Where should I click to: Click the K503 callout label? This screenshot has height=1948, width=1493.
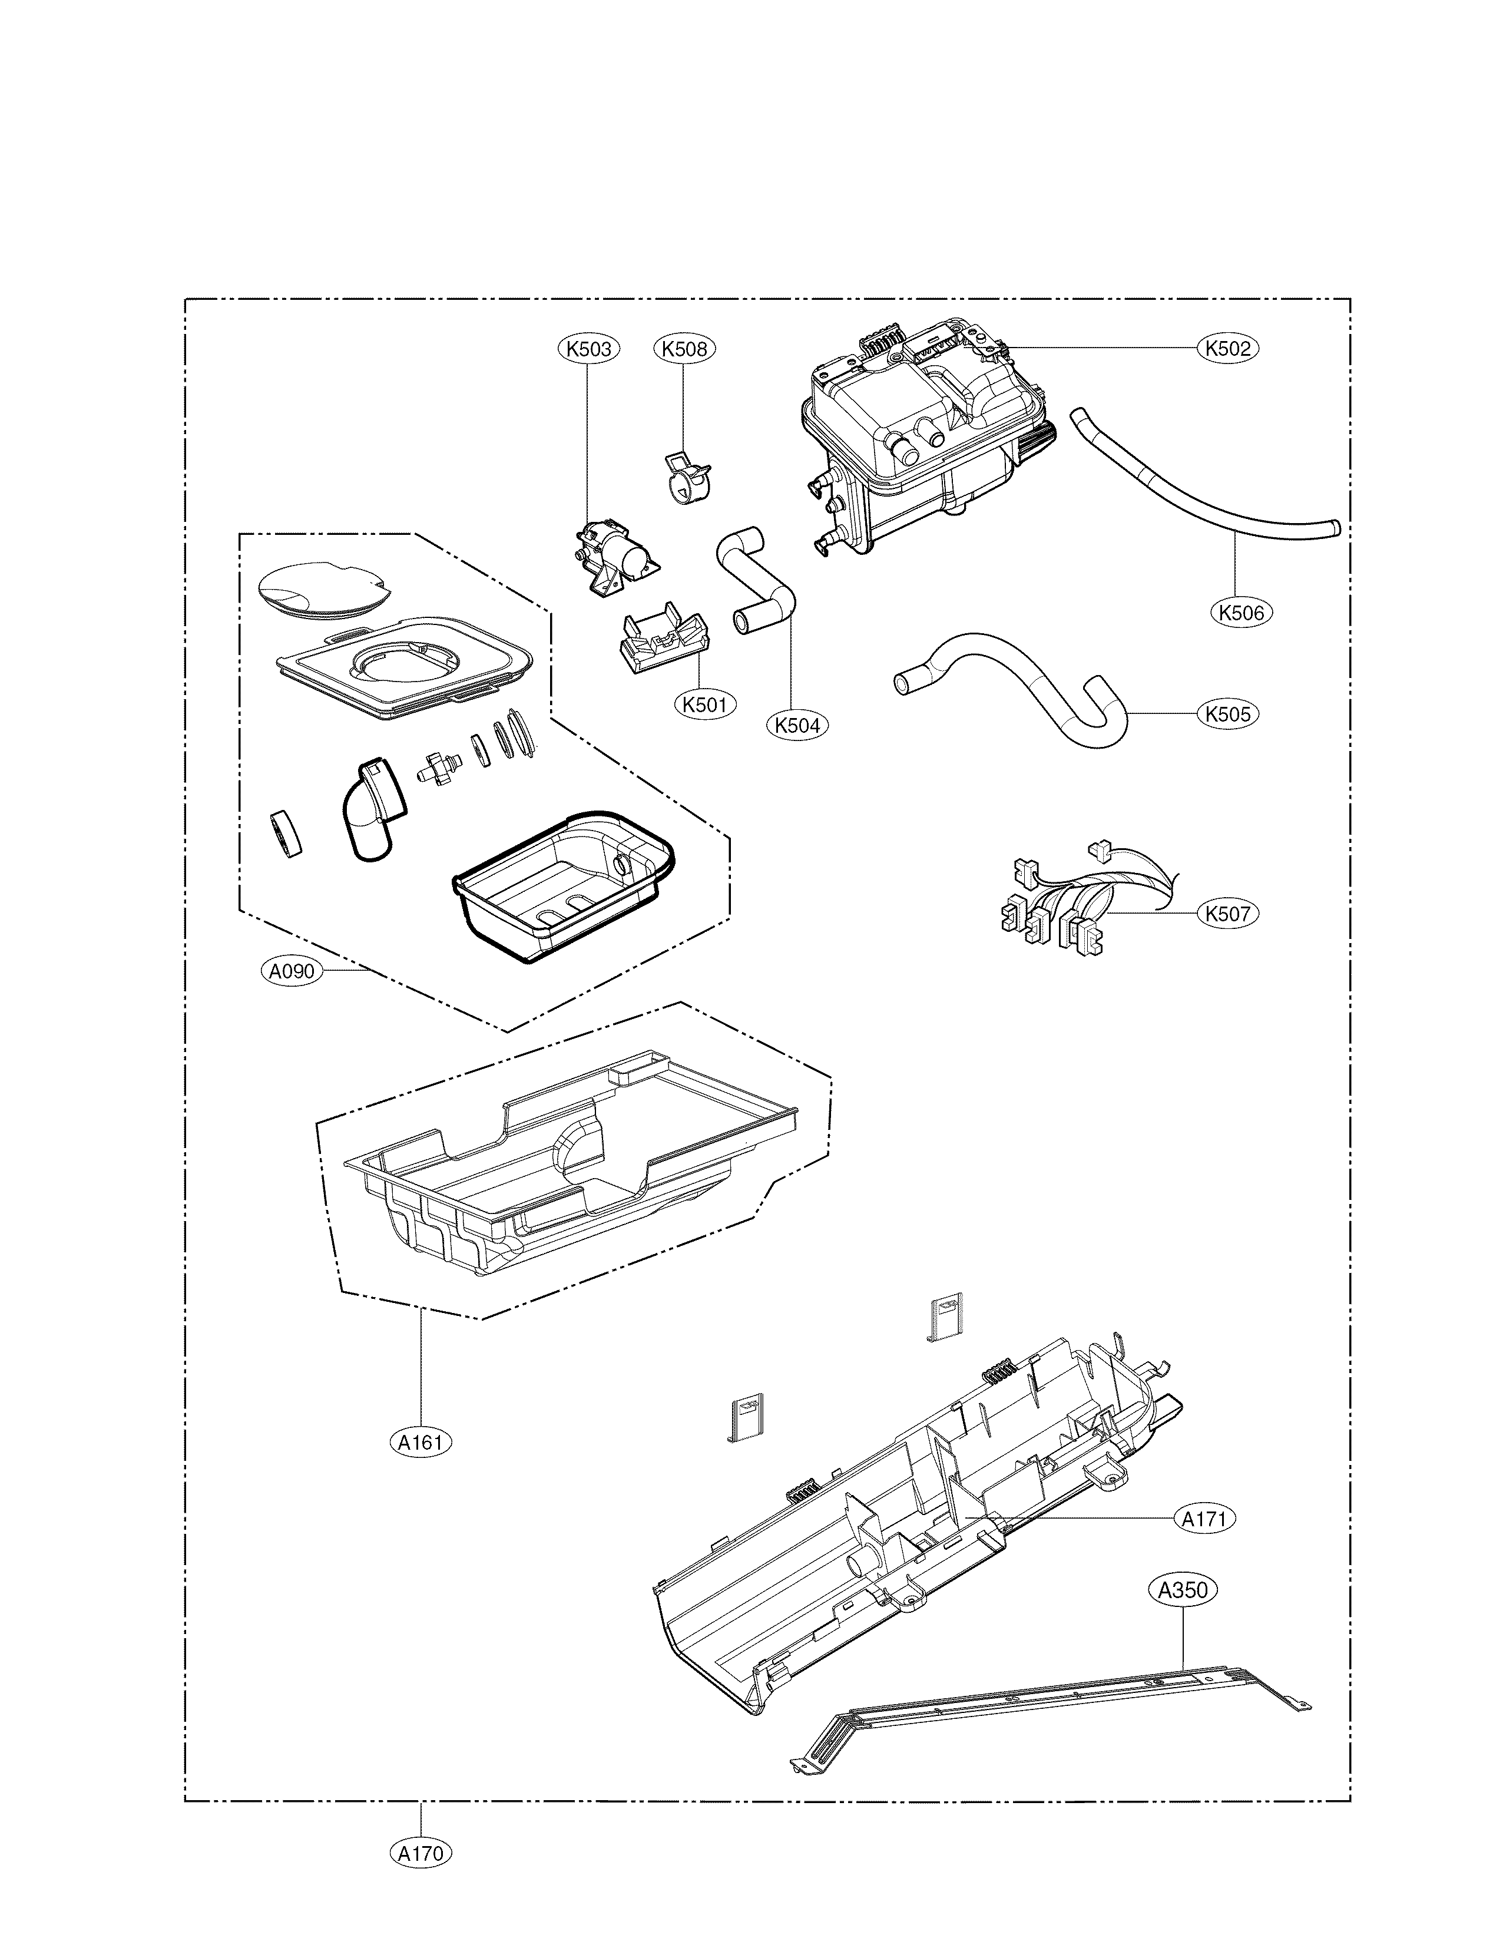click(x=589, y=349)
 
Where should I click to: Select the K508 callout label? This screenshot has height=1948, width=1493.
click(x=684, y=349)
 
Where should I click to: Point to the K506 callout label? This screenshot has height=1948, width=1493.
click(x=1242, y=612)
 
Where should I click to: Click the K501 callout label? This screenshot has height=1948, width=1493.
click(x=705, y=705)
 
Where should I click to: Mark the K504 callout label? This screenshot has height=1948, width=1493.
click(x=797, y=725)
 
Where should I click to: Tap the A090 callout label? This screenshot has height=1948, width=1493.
click(x=292, y=971)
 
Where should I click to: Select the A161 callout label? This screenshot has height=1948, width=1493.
click(x=421, y=1443)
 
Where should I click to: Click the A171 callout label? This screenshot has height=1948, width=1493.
click(x=1204, y=1519)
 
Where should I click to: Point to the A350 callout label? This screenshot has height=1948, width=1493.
click(x=1184, y=1590)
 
